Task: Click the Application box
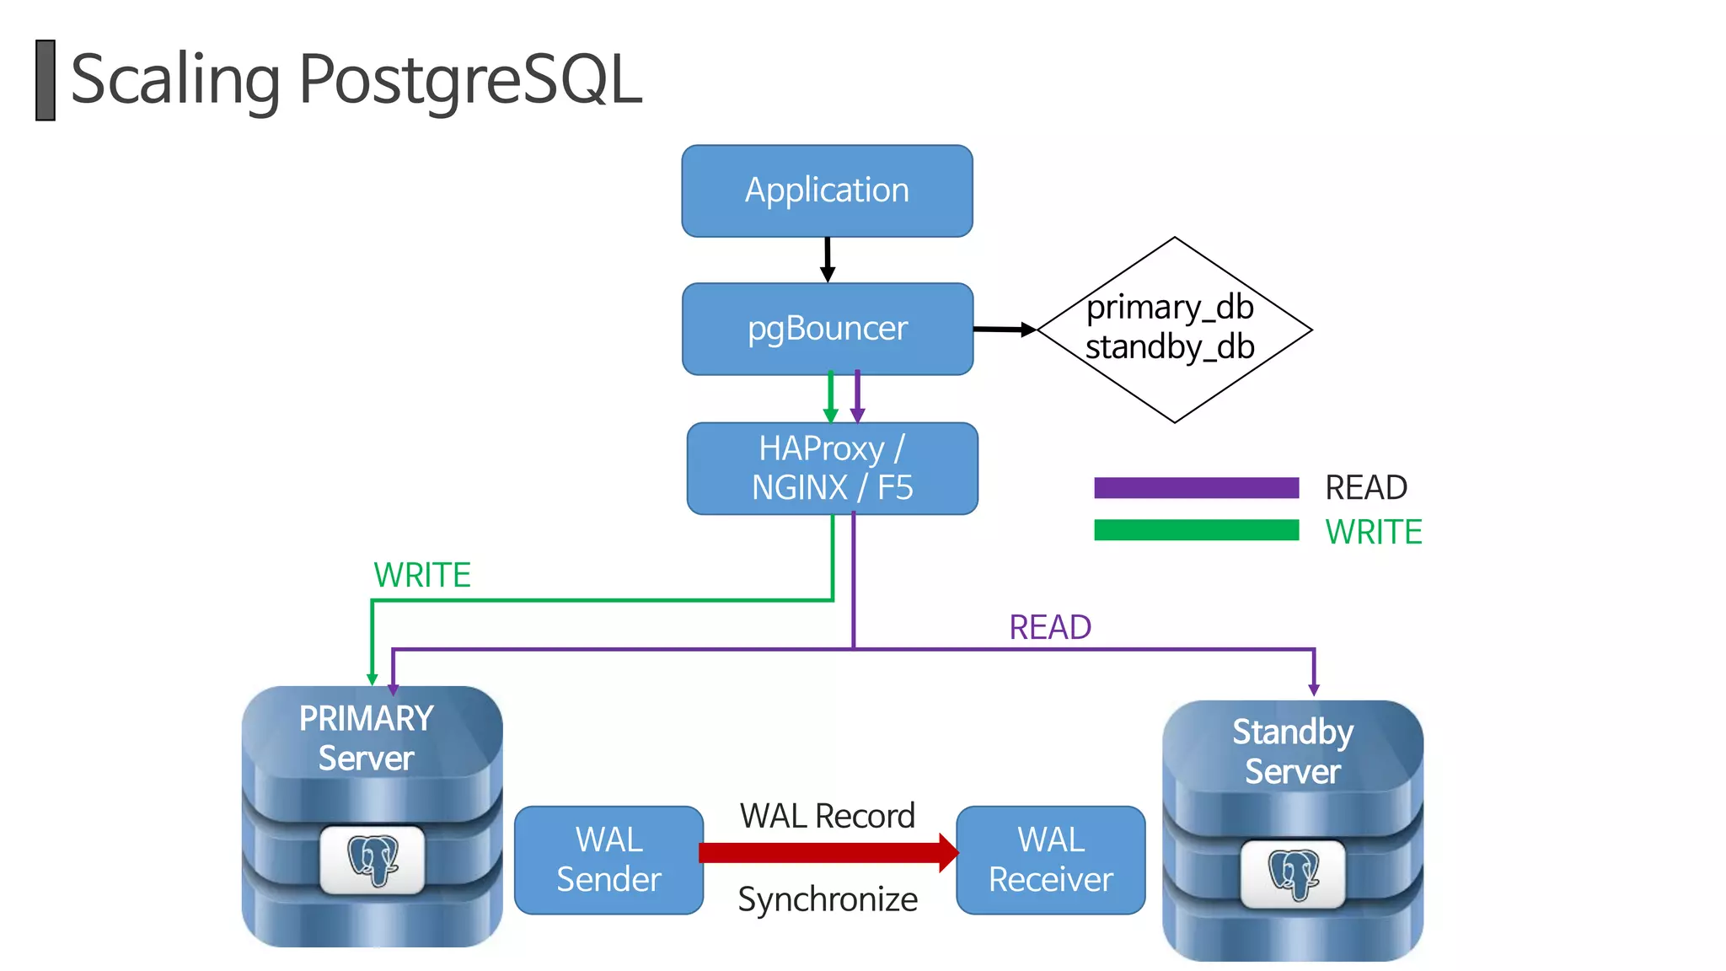pos(827,190)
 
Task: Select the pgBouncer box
pos(827,329)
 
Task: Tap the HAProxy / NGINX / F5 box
pos(832,469)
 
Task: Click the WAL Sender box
pos(608,860)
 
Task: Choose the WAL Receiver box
pos(1050,860)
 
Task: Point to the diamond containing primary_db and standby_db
pos(1173,329)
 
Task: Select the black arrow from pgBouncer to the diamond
pos(1004,330)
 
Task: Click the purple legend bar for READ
pos(1196,487)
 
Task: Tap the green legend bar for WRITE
pos(1196,530)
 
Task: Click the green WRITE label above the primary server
pos(421,575)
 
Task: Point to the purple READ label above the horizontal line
pos(1050,627)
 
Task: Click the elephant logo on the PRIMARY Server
pos(373,860)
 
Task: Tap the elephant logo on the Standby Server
pos(1293,874)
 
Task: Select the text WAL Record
pos(827,816)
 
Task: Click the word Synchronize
pos(828,899)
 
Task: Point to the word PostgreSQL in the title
pos(470,79)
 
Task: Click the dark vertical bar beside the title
pos(46,80)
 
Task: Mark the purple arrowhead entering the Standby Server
pos(1314,689)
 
